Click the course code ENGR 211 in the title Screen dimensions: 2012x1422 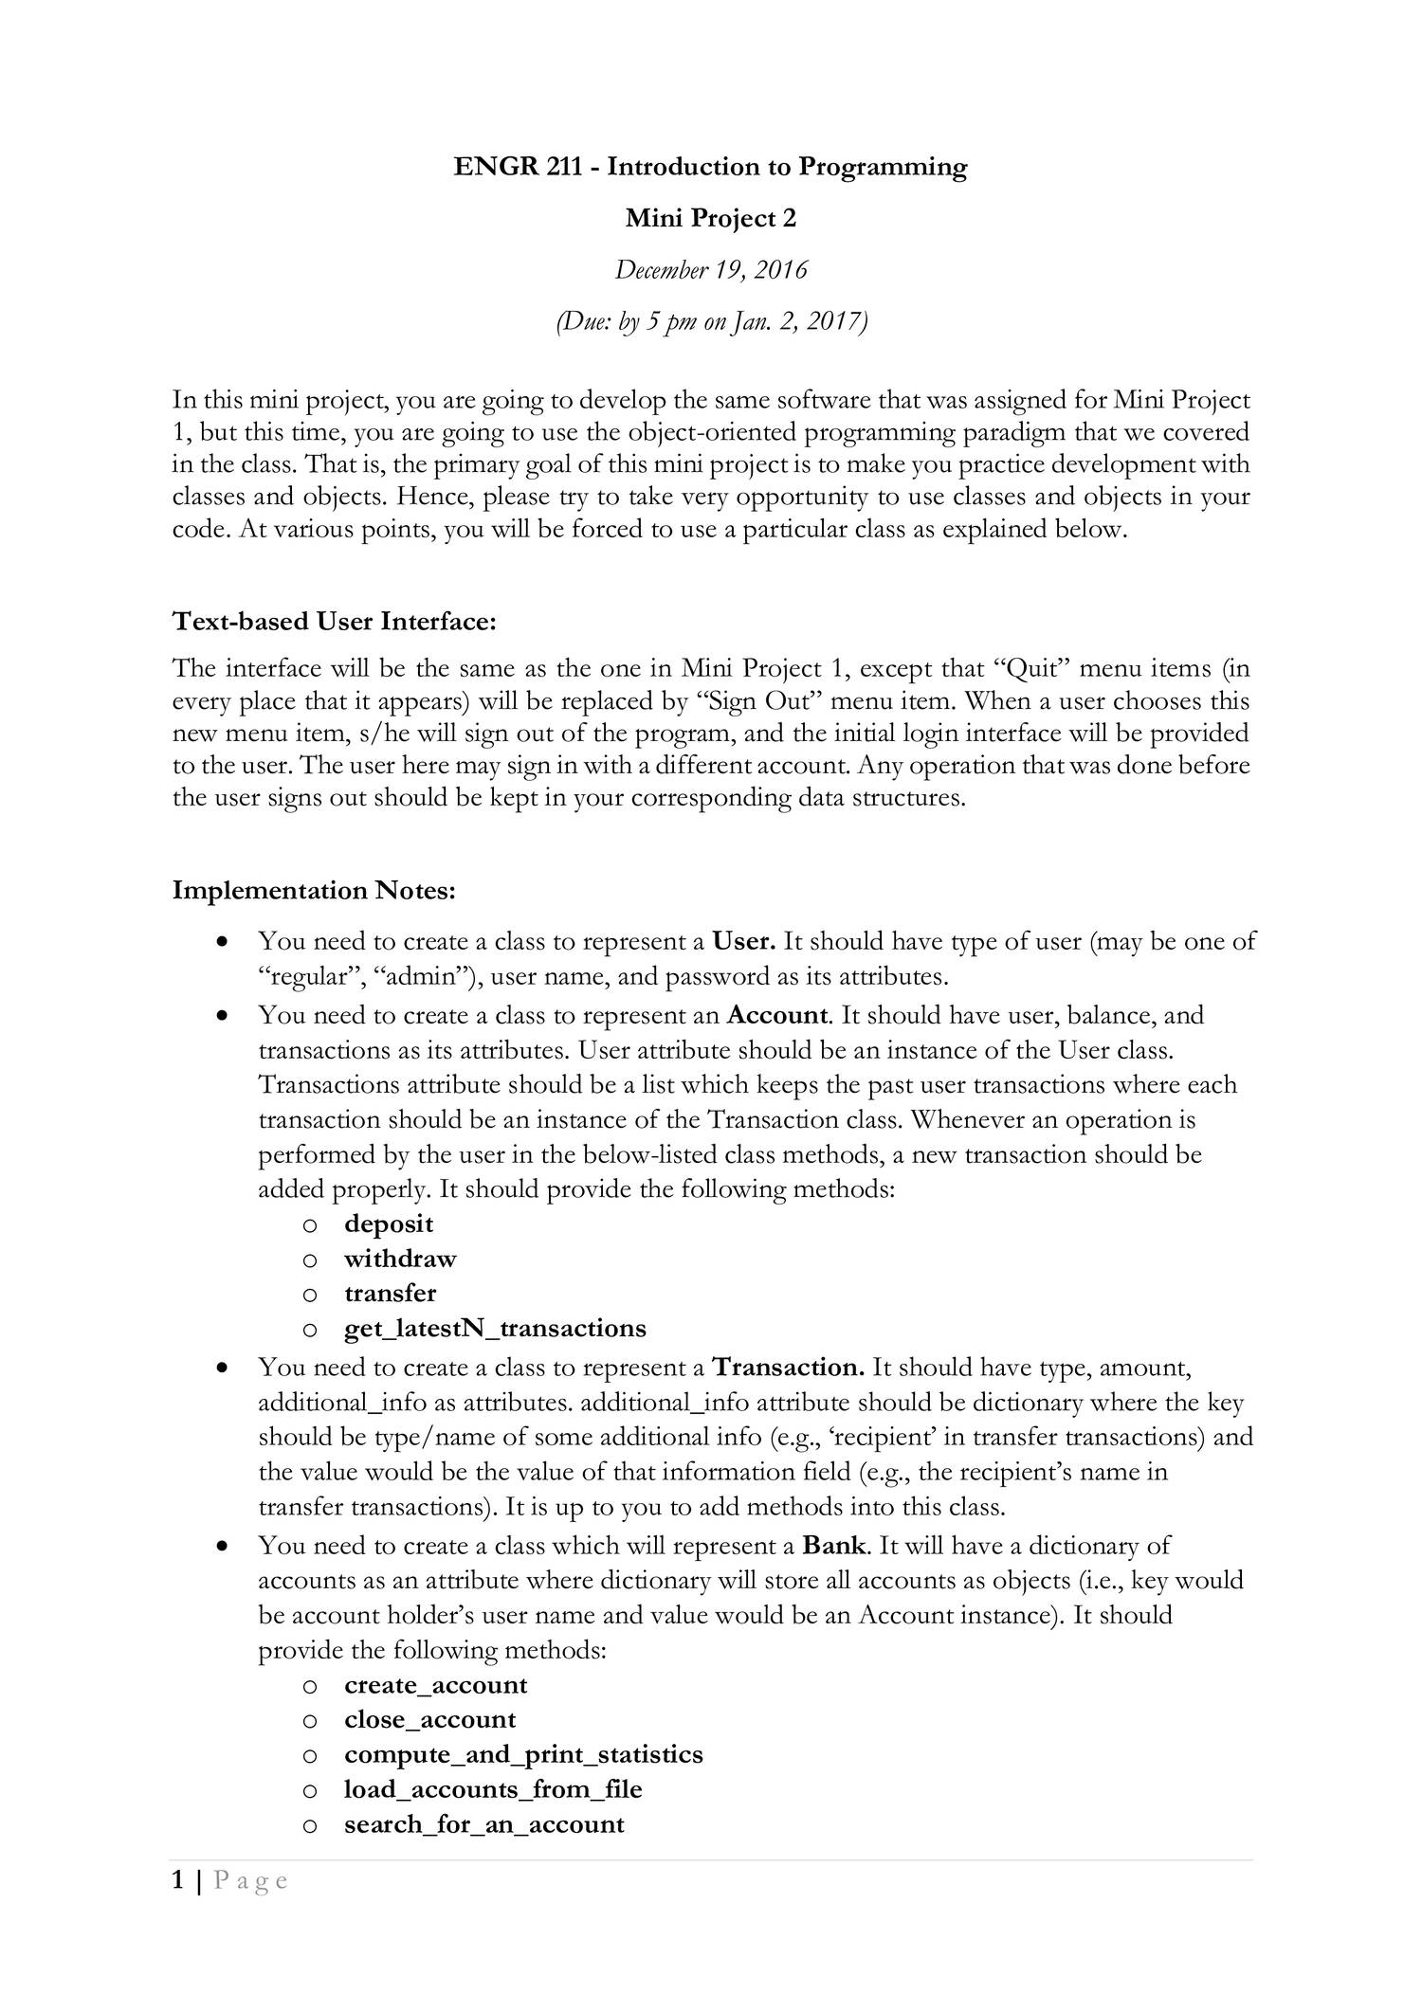pyautogui.click(x=525, y=168)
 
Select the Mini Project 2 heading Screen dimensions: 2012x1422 pyautogui.click(x=711, y=219)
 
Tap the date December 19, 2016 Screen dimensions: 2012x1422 pyautogui.click(x=711, y=270)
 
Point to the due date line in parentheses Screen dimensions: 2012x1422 pyautogui.click(x=711, y=322)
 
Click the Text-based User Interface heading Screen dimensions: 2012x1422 pyautogui.click(x=335, y=622)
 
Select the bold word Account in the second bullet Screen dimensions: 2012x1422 pyautogui.click(x=777, y=1015)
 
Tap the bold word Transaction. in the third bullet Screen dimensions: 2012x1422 pyautogui.click(x=788, y=1368)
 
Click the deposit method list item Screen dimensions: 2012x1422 pyautogui.click(x=389, y=1224)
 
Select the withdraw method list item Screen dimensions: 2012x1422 pyautogui.click(x=400, y=1259)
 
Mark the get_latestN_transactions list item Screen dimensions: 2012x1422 pyautogui.click(x=495, y=1329)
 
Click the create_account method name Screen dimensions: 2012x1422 pyautogui.click(x=436, y=1685)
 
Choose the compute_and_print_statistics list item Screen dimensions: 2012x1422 pyautogui.click(x=523, y=1754)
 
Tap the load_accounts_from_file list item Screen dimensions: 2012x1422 pyautogui.click(x=493, y=1789)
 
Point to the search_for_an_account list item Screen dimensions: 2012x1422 pyautogui.click(x=484, y=1824)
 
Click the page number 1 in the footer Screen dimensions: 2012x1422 pyautogui.click(x=178, y=1880)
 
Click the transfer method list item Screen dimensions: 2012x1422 pyautogui.click(x=391, y=1294)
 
